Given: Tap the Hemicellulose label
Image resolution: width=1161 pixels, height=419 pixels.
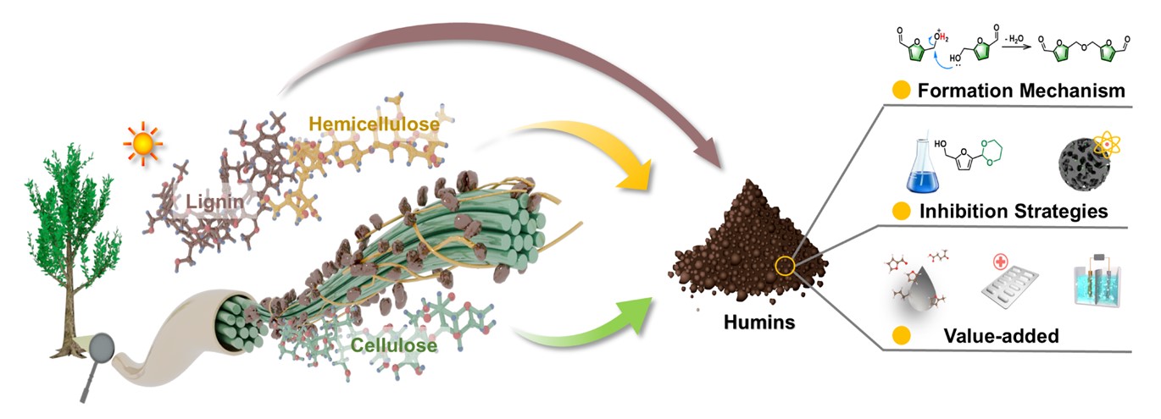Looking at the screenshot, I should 375,124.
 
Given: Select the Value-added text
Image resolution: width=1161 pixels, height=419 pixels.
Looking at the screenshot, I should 1000,336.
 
